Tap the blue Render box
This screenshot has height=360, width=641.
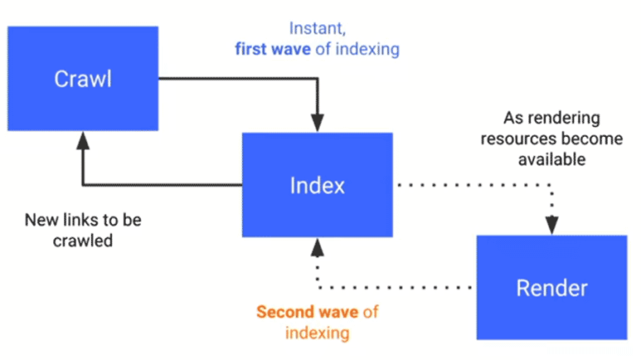tap(551, 288)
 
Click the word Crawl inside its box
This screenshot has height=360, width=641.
tap(83, 80)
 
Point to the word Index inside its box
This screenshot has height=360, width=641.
tap(317, 185)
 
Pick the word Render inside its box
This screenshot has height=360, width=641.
tap(551, 289)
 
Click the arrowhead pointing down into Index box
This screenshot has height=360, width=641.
tap(317, 123)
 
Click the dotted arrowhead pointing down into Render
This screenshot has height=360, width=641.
tap(552, 225)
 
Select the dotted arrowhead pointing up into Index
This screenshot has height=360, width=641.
tap(317, 246)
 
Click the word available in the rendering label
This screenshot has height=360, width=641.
tap(552, 158)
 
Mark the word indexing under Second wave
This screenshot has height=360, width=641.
tap(317, 333)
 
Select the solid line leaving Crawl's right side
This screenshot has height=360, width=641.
tap(234, 80)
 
